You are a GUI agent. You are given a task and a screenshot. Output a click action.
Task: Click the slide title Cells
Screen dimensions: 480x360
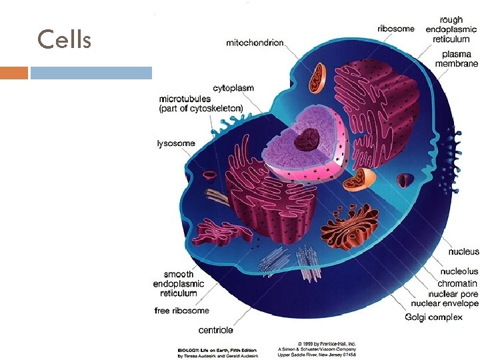click(x=65, y=40)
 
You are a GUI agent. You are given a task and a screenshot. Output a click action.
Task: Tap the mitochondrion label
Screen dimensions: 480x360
click(x=255, y=43)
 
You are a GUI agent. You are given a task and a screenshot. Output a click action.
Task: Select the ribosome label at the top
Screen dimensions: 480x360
click(x=395, y=29)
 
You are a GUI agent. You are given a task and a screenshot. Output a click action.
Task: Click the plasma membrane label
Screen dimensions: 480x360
click(x=456, y=59)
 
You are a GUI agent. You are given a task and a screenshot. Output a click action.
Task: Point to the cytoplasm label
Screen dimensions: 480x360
click(x=233, y=88)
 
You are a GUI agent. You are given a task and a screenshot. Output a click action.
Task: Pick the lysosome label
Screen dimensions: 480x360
click(x=175, y=143)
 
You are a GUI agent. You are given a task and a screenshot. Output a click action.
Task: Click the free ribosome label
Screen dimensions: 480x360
click(x=181, y=311)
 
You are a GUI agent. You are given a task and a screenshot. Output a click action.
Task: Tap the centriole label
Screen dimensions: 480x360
click(x=216, y=330)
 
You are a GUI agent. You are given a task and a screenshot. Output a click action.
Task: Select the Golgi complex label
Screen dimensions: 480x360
click(x=433, y=317)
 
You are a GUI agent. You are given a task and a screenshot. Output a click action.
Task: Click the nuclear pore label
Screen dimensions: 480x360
click(x=453, y=294)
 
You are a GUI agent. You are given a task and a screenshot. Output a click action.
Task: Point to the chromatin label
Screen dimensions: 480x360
click(x=457, y=283)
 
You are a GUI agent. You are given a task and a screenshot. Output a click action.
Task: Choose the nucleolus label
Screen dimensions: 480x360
click(x=459, y=272)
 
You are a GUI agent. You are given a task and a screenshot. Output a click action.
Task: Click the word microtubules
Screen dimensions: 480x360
click(x=186, y=99)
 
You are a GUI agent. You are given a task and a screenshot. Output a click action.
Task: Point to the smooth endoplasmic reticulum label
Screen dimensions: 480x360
click(x=179, y=283)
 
